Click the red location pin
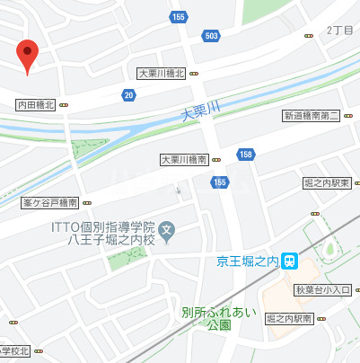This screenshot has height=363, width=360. click(x=28, y=56)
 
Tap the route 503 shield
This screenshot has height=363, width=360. click(x=211, y=36)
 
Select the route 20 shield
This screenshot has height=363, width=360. click(x=130, y=94)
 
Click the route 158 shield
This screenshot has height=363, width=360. click(x=245, y=155)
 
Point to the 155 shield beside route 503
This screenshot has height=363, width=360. click(x=180, y=16)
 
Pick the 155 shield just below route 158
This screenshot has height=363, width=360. click(x=220, y=182)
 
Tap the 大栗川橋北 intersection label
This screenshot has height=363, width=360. click(x=161, y=74)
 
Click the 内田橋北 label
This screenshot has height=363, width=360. click(x=37, y=105)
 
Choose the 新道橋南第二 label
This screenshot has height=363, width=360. click(x=311, y=115)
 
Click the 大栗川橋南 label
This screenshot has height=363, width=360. click(x=185, y=159)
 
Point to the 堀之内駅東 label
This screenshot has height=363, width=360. click(x=327, y=182)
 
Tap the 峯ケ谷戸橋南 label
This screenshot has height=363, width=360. click(x=50, y=203)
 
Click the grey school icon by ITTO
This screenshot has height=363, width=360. click(x=166, y=232)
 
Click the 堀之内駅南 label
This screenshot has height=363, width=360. click(x=289, y=319)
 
